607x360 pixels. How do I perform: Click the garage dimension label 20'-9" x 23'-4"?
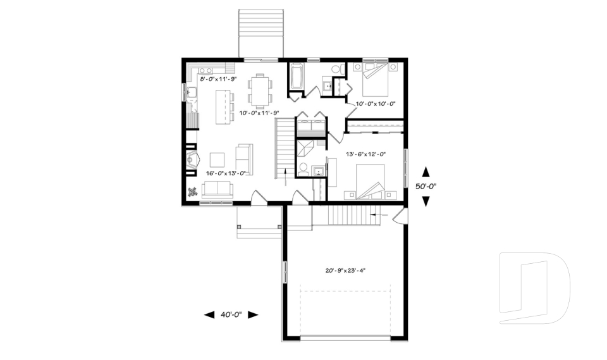(x=346, y=270)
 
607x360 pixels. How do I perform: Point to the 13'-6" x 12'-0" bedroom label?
(x=365, y=154)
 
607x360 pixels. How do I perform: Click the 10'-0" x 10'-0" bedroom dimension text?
(x=375, y=103)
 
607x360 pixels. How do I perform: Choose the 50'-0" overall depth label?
(x=427, y=187)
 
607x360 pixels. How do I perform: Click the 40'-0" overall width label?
(x=231, y=314)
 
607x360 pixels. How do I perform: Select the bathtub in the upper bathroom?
(x=297, y=78)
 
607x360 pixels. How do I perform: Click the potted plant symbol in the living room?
(x=192, y=194)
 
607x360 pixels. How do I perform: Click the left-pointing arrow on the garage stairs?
(x=378, y=215)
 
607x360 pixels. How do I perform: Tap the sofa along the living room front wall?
(x=217, y=189)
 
